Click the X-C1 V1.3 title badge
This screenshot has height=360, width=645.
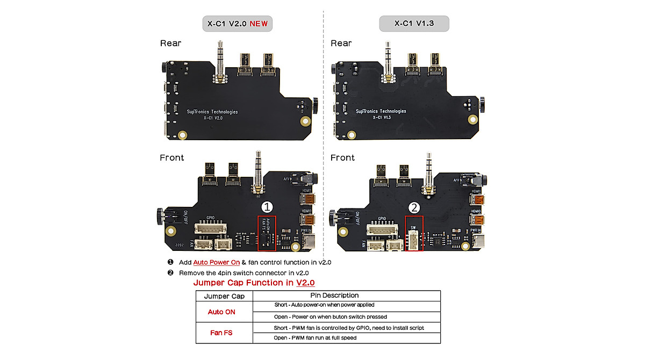414,24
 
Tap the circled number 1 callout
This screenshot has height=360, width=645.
267,207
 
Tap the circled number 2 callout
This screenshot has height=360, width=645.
413,207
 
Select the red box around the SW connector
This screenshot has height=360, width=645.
414,233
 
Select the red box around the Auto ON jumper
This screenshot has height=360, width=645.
267,233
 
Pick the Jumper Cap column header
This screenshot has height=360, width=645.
224,296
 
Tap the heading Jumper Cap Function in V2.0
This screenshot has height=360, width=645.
254,283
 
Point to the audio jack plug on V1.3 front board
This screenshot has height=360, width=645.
428,173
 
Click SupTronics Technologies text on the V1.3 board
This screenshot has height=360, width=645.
381,111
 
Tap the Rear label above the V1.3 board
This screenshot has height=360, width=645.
341,43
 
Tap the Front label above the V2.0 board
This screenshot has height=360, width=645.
172,157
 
